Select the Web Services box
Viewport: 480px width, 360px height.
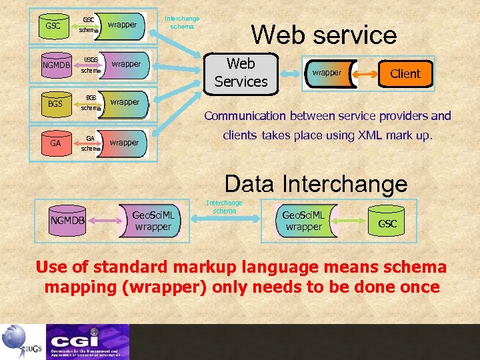point(241,73)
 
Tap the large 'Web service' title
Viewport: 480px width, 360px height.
point(323,35)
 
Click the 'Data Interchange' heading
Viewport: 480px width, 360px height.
point(315,183)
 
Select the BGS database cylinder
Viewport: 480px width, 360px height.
point(55,103)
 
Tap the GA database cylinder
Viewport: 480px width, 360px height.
point(55,143)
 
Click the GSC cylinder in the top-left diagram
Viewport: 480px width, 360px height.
point(53,26)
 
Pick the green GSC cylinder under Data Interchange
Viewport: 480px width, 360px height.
point(387,223)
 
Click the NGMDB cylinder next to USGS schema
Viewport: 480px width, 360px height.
point(56,65)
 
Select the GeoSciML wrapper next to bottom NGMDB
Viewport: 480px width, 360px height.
point(153,221)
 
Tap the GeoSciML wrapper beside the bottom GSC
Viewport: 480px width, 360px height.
point(303,221)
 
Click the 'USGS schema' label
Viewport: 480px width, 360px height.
point(91,65)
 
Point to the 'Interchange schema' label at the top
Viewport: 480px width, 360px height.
point(181,22)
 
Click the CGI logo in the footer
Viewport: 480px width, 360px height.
point(87,341)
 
